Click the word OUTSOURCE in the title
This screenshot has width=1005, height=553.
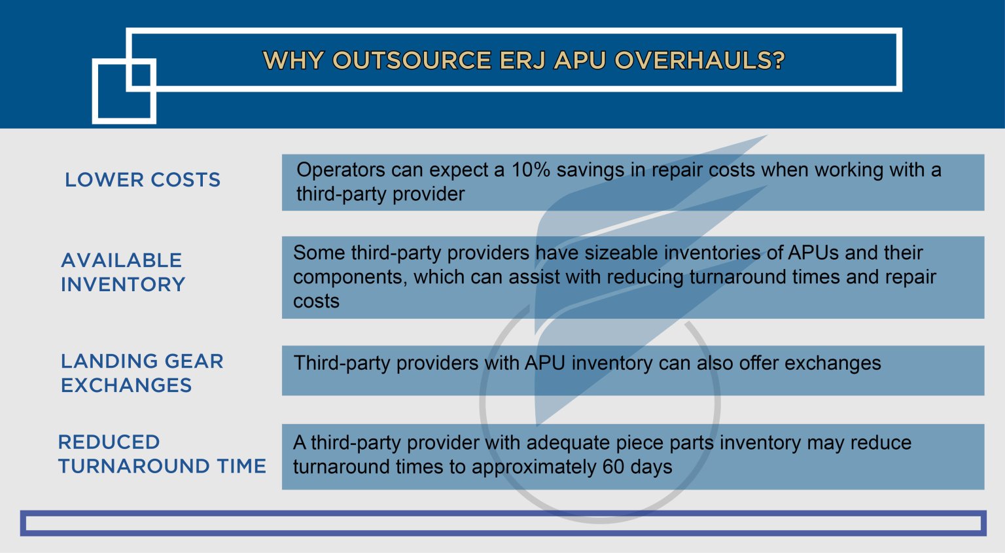click(412, 60)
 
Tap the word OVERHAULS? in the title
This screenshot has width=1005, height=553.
click(699, 60)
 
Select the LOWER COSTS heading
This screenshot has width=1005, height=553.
click(143, 180)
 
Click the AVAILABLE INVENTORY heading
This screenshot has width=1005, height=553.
click(123, 272)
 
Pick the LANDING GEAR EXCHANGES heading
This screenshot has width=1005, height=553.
click(142, 373)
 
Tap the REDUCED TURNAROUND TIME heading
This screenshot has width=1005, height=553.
click(162, 454)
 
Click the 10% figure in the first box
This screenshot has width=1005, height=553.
click(530, 170)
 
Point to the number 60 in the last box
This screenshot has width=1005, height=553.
click(613, 467)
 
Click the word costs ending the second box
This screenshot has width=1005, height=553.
click(316, 302)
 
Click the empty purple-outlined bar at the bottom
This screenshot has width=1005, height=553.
click(502, 523)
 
